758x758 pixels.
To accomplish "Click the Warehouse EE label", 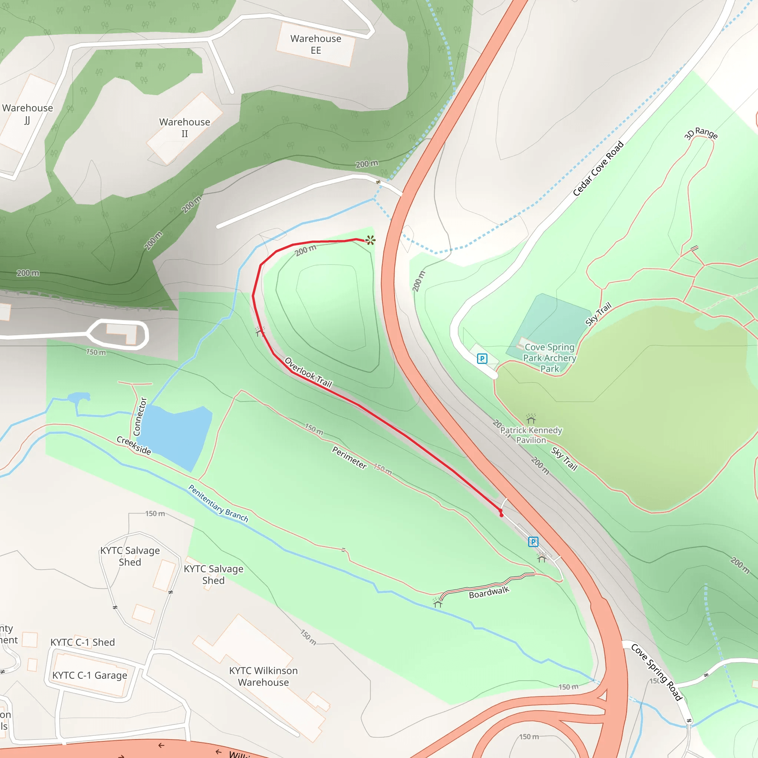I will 315,44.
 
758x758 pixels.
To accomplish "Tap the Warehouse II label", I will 184,128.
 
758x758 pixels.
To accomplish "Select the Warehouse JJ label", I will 27,114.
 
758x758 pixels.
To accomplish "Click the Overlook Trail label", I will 308,372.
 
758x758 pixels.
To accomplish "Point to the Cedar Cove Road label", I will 598,168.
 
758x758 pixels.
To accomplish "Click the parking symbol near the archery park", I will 482,358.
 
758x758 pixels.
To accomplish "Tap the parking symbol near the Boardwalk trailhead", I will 533,542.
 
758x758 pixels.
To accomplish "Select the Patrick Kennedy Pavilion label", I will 531,435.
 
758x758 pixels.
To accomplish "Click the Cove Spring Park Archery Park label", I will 549,358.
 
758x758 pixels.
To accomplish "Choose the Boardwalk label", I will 489,593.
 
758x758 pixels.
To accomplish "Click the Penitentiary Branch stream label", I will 218,503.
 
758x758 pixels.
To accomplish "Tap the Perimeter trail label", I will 349,458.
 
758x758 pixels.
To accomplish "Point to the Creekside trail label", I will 134,445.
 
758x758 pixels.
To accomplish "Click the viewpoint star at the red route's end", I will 370,240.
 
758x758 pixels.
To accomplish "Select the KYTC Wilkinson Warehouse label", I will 263,677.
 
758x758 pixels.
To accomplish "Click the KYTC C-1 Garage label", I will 90,675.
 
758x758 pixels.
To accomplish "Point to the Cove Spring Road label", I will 656,671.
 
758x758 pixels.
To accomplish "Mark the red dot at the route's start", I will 501,514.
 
